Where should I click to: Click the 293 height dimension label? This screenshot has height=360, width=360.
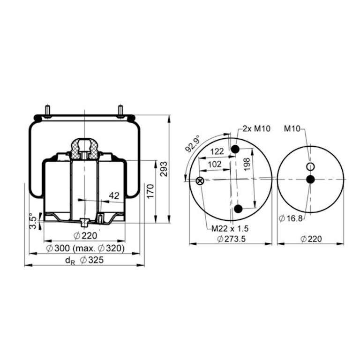tap(164, 169)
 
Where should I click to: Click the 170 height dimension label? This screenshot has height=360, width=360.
tap(150, 191)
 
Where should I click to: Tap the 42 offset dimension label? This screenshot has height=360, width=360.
tap(114, 195)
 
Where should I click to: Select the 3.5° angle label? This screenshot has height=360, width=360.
tap(33, 221)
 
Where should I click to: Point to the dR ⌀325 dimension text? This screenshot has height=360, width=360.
tap(84, 260)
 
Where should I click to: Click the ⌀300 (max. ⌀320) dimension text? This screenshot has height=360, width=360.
tap(85, 248)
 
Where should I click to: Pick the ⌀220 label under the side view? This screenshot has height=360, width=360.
tap(85, 236)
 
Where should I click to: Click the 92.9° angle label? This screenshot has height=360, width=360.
tap(192, 143)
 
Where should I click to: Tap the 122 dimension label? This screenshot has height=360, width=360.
tap(217, 151)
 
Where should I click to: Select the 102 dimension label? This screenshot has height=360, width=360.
tap(215, 164)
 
